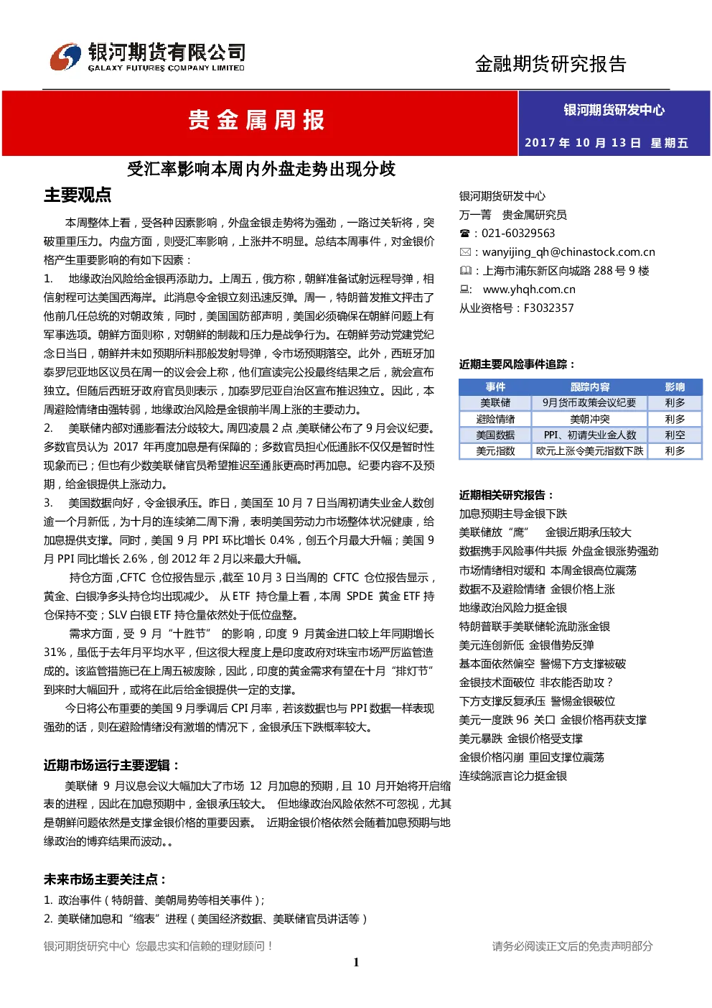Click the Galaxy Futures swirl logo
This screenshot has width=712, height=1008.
tap(65, 57)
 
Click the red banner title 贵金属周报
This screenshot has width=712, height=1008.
tap(256, 121)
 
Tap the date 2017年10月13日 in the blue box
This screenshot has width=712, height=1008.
tap(583, 143)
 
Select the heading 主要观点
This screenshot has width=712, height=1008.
tap(78, 195)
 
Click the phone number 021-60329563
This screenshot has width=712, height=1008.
tap(518, 233)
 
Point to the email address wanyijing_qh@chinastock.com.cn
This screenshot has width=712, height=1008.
tap(568, 252)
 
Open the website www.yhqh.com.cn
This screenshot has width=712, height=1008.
tap(529, 290)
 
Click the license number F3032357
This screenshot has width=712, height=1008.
tap(549, 308)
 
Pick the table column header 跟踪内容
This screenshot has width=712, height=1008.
tap(590, 387)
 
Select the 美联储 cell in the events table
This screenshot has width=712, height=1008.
tap(495, 403)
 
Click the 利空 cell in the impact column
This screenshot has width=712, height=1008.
tap(675, 435)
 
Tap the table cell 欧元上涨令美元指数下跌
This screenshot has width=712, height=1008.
tap(589, 451)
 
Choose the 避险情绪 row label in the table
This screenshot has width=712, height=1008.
tap(495, 419)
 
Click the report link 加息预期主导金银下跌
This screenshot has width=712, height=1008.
tap(513, 514)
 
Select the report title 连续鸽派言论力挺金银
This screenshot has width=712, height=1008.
tap(513, 776)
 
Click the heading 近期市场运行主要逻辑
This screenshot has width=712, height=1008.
tap(111, 765)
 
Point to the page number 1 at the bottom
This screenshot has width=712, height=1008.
tap(356, 962)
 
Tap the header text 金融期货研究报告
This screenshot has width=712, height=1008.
tap(551, 64)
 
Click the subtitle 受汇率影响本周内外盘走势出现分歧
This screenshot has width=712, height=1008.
tap(261, 170)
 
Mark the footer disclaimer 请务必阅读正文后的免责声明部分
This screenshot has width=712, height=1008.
tap(572, 946)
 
